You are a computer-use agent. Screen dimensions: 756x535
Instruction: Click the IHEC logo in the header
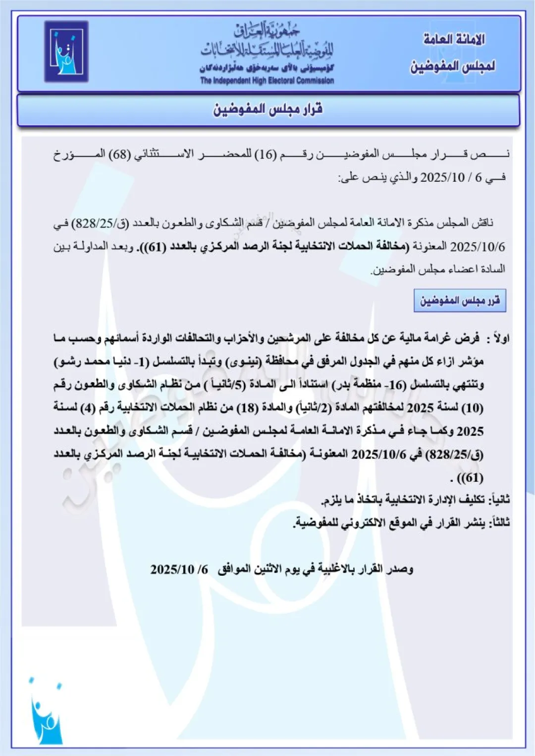pos(66,51)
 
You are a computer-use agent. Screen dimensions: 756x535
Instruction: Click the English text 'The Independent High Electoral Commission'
pos(267,80)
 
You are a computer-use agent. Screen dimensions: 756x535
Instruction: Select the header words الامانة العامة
pos(454,39)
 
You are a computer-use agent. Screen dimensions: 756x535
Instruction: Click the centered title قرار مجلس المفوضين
pos(268,109)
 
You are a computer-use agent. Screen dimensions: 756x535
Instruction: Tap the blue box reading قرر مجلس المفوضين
pos(460,301)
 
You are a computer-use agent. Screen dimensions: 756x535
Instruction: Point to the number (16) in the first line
pos(265,154)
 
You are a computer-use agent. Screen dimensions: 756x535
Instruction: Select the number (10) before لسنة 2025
pos(472,408)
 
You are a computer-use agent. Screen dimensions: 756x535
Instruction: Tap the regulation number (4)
pos(88,408)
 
